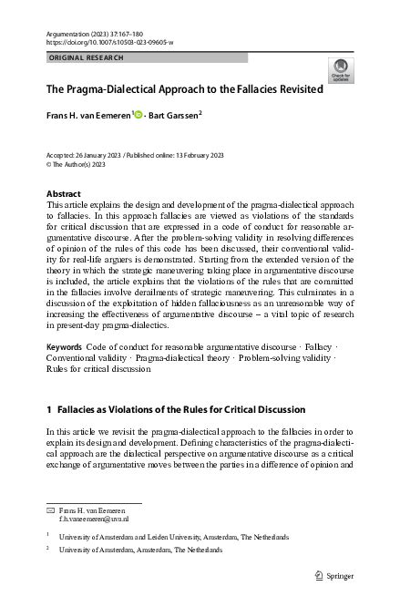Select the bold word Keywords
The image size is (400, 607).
(64, 349)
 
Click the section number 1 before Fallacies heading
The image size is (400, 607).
(48, 409)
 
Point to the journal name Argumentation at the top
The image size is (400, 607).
(71, 32)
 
